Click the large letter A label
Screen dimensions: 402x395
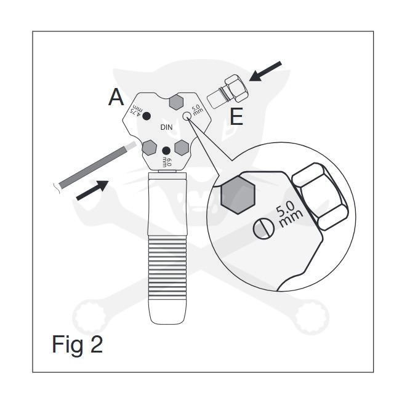[x=116, y=97]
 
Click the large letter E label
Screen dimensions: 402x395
[x=236, y=116]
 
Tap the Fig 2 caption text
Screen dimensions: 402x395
[x=78, y=345]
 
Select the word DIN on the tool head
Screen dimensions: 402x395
[x=166, y=127]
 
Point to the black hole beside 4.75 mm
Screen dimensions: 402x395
[x=147, y=116]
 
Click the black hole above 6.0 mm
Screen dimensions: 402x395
[x=166, y=150]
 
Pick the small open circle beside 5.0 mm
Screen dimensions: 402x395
[x=187, y=116]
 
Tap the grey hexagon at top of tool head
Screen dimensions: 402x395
[x=177, y=102]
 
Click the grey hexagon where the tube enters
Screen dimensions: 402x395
[x=149, y=148]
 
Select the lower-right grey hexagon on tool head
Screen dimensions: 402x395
[x=182, y=148]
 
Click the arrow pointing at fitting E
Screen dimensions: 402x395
[x=265, y=71]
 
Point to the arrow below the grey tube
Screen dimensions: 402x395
[x=92, y=190]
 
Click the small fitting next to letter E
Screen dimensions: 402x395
[x=228, y=92]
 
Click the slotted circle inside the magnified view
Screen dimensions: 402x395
[x=263, y=228]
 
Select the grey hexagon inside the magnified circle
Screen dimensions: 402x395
[x=238, y=195]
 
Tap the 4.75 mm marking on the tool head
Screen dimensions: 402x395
[x=137, y=110]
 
